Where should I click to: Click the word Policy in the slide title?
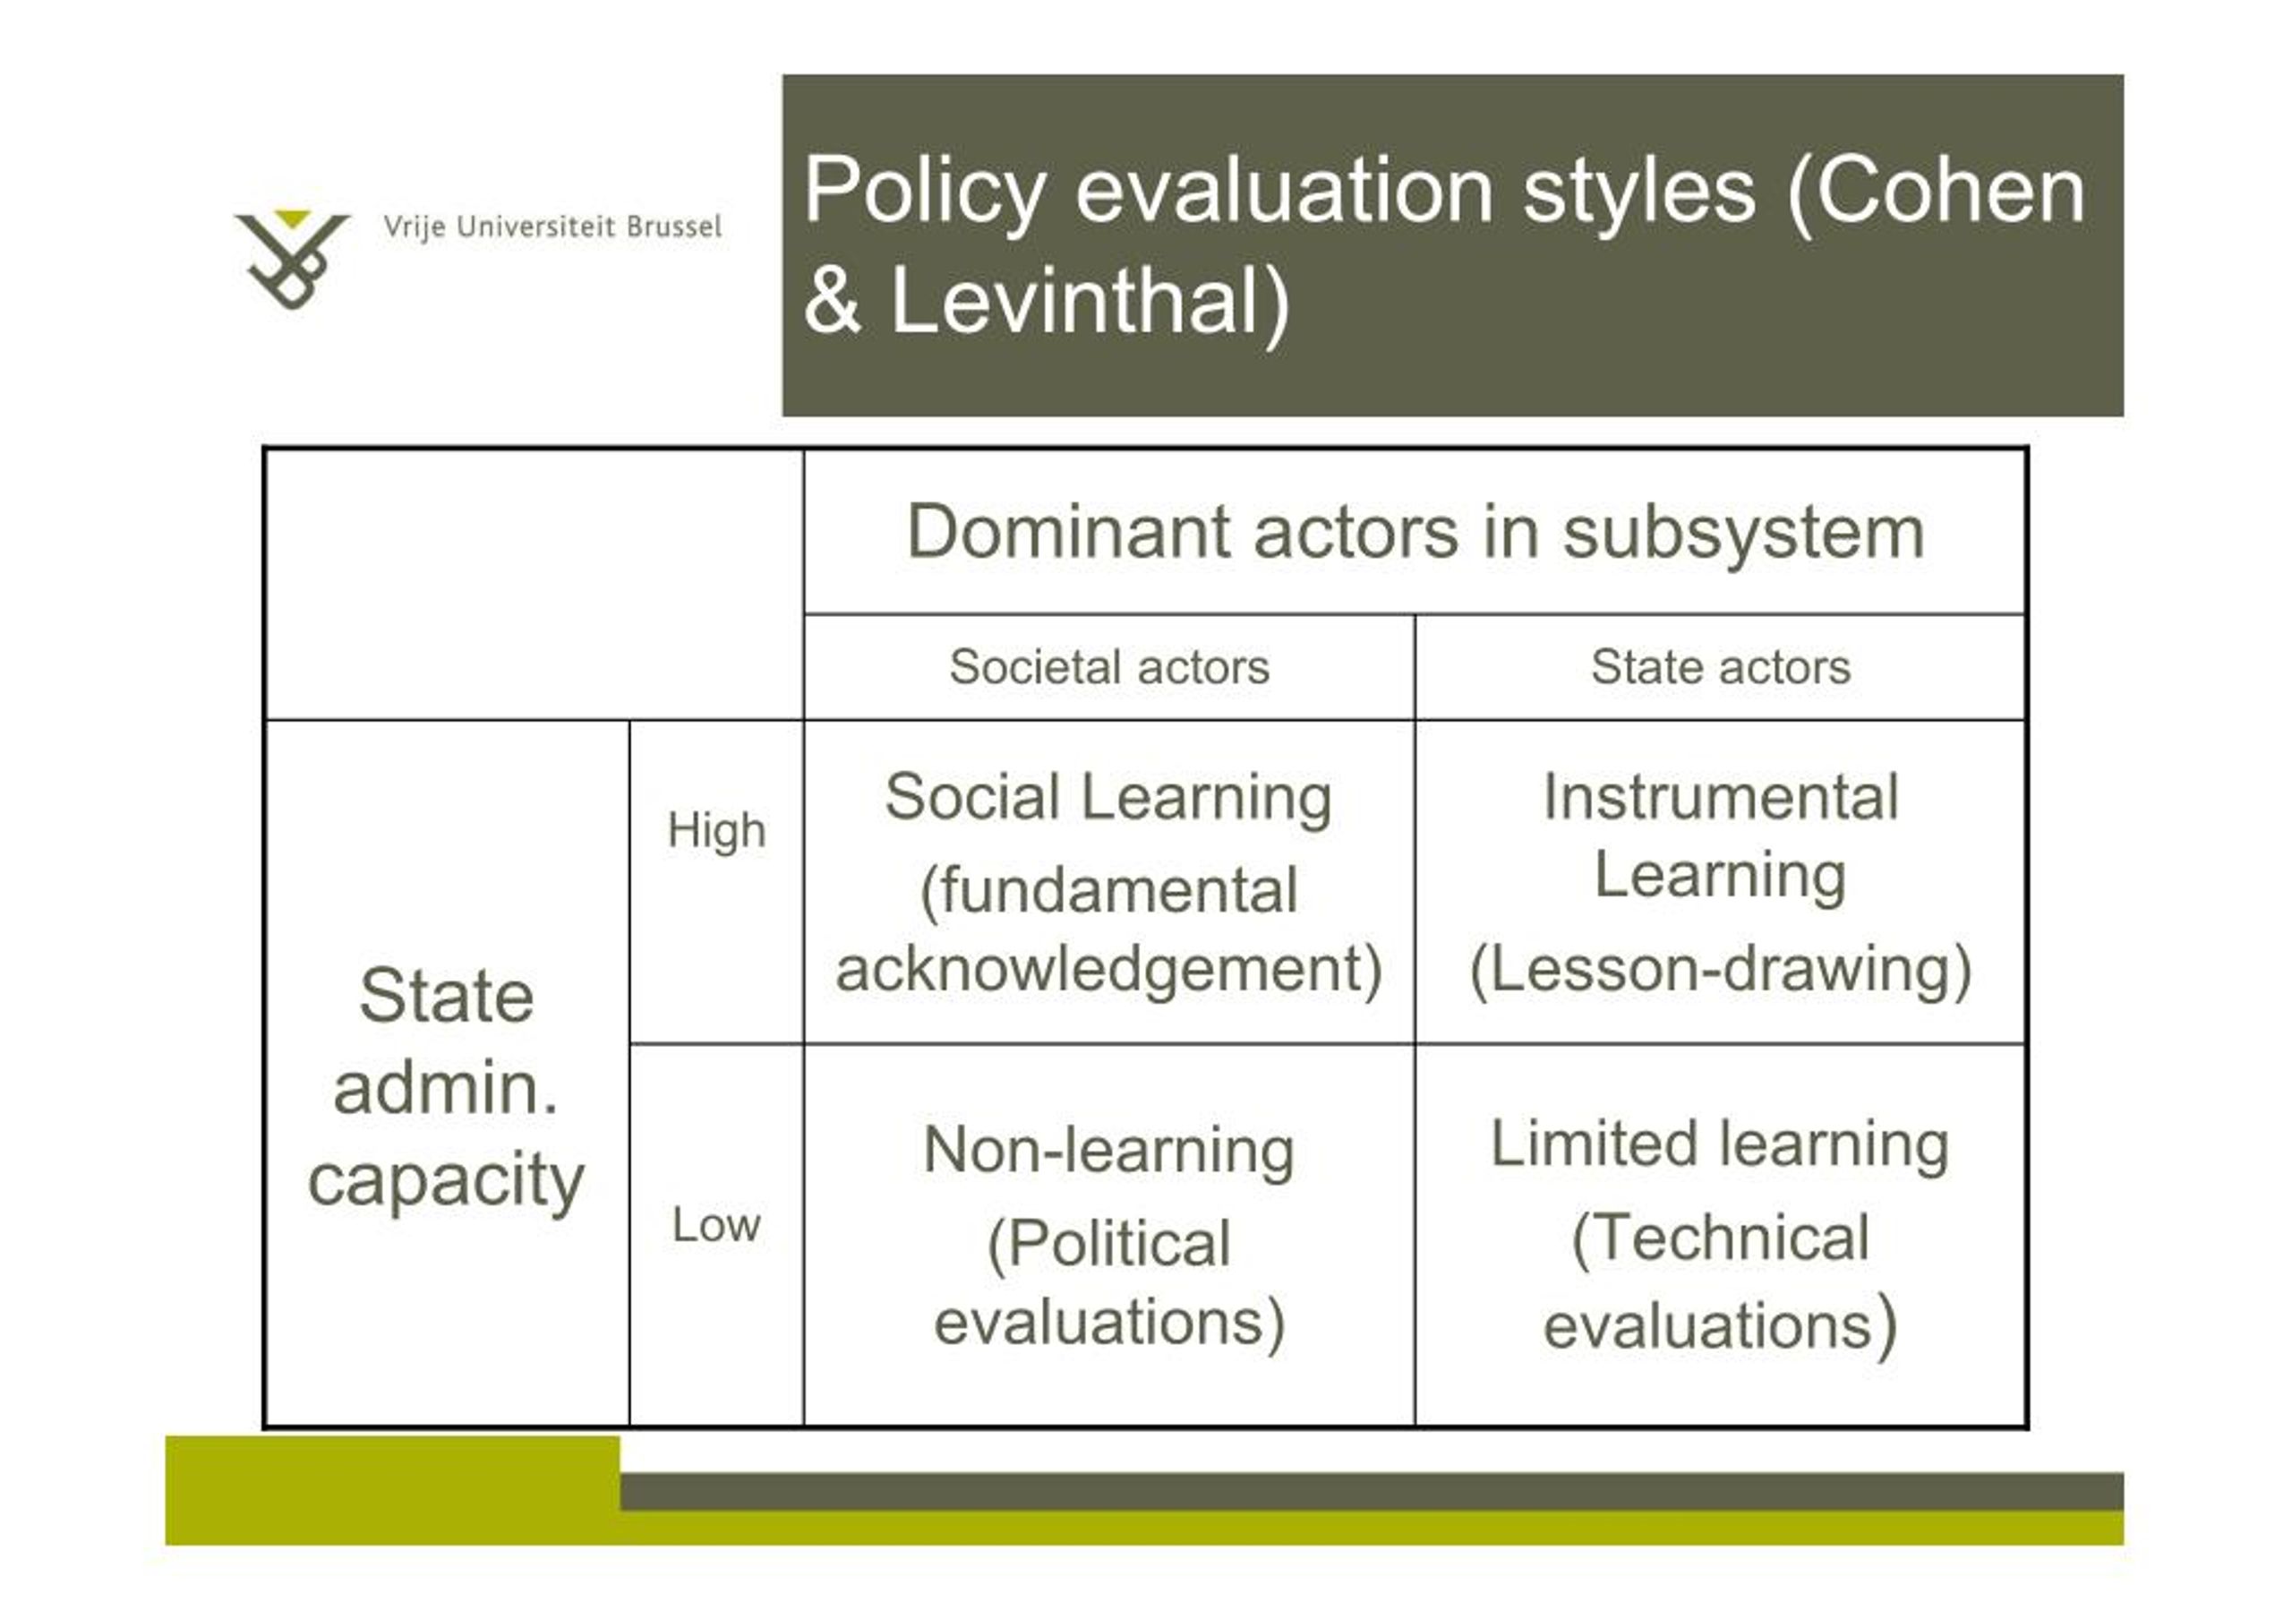coord(923,192)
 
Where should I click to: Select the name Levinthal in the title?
coord(1089,303)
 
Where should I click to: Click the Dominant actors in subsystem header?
coord(1415,532)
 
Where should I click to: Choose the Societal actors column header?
coord(1109,667)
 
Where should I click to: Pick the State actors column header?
coord(1720,667)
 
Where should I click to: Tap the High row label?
coord(715,830)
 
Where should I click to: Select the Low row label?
coord(715,1225)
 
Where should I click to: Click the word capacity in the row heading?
coord(445,1181)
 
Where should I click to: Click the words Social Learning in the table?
coord(1108,798)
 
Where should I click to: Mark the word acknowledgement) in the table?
coord(1108,969)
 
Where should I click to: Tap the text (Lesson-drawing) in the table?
coord(1720,969)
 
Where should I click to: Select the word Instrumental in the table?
coord(1720,798)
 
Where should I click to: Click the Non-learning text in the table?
coord(1108,1150)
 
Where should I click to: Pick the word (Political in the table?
coord(1108,1244)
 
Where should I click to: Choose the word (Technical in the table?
coord(1719,1238)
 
